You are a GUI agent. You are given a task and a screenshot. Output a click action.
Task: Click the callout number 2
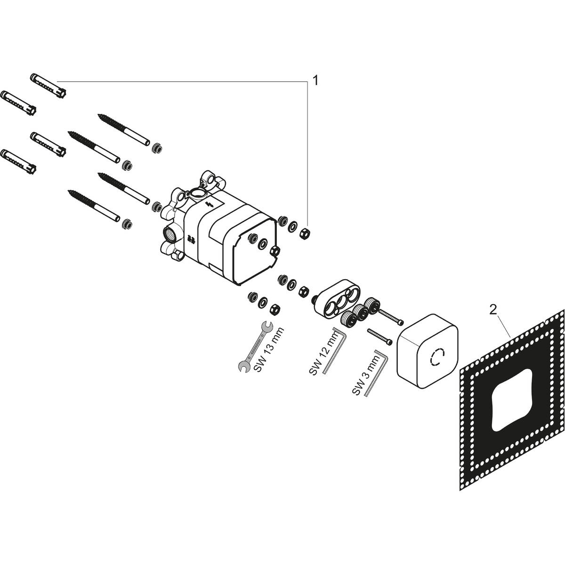click(x=492, y=310)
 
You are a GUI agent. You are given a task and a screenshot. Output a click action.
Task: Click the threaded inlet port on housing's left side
click(x=168, y=232)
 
